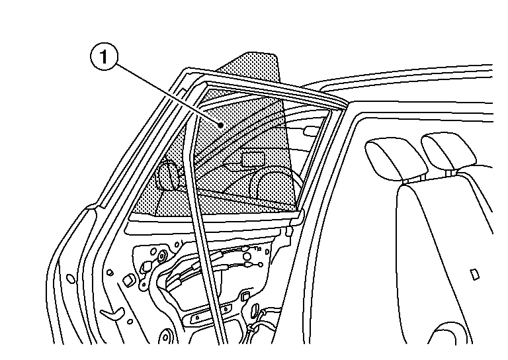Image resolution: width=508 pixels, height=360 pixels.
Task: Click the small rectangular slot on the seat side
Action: (474, 274)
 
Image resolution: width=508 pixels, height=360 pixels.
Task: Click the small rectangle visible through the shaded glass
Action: (253, 159)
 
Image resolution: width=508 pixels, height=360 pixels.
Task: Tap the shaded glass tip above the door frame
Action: (259, 67)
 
